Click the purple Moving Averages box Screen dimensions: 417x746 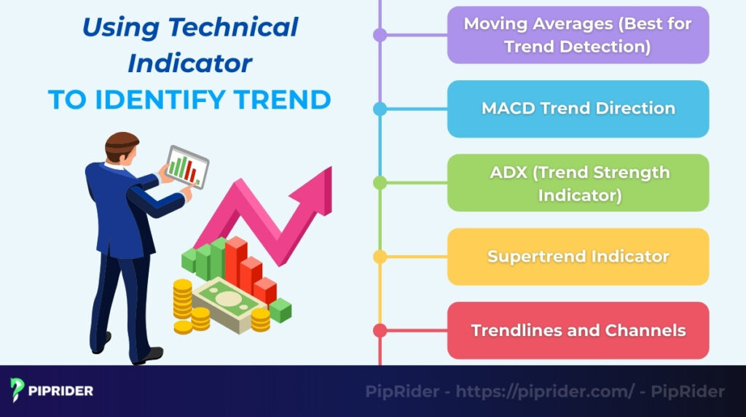(x=578, y=35)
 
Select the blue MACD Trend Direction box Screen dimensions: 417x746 (x=578, y=109)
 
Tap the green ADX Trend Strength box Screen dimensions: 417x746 (x=578, y=183)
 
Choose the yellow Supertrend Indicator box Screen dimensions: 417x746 (x=578, y=257)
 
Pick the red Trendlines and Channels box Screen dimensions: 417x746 (x=578, y=330)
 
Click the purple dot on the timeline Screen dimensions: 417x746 (x=380, y=35)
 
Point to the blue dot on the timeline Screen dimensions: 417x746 (x=380, y=109)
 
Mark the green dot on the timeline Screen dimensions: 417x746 (x=380, y=183)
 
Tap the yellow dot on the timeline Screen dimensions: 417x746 (x=380, y=257)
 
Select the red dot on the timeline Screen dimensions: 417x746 (x=380, y=330)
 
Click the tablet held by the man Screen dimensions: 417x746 (x=186, y=167)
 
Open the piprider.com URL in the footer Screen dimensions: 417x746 (x=545, y=391)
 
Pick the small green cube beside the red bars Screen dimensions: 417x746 (x=280, y=311)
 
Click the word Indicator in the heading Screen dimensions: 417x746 (x=189, y=63)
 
